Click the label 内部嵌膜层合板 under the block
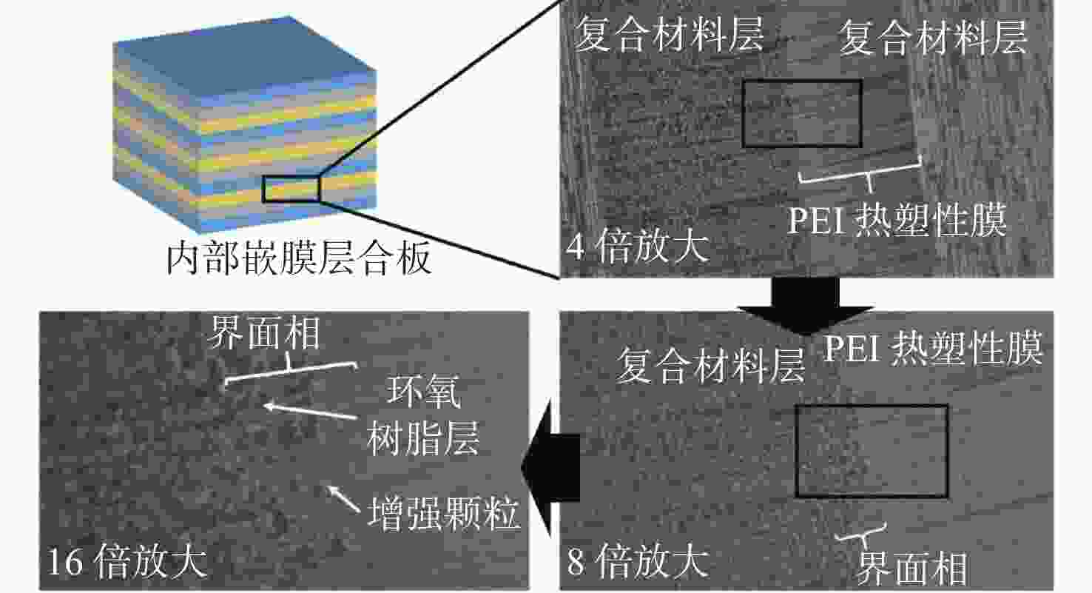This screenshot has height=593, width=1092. (298, 258)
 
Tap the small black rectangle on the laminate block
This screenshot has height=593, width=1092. (291, 176)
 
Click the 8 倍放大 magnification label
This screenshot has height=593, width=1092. (638, 562)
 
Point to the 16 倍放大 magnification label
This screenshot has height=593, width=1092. (127, 562)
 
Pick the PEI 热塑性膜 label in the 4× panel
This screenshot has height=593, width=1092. (897, 221)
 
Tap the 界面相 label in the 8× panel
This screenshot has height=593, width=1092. (911, 569)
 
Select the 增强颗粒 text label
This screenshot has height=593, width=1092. (442, 513)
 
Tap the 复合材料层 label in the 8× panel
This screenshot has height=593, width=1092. (710, 366)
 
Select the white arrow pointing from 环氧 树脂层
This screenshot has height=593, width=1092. (309, 411)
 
